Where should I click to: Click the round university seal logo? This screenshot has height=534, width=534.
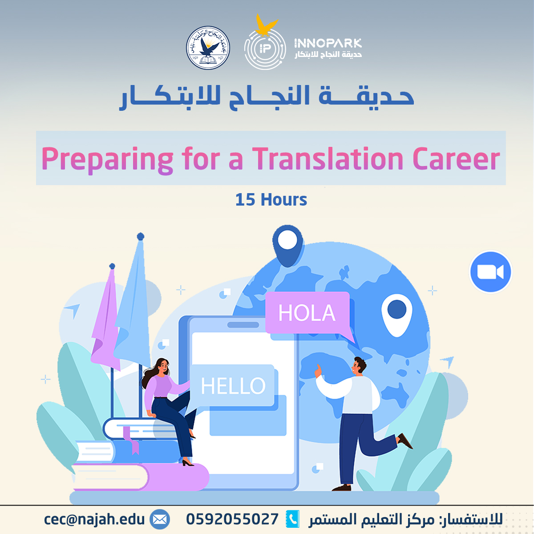(208, 48)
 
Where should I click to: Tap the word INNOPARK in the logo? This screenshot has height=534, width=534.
(328, 43)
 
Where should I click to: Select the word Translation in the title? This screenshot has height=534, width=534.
(328, 159)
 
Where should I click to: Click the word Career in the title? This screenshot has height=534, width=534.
(456, 159)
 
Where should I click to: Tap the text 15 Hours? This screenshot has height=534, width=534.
(271, 200)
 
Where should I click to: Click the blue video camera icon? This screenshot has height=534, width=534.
(490, 272)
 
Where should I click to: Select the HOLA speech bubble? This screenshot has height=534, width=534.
(307, 313)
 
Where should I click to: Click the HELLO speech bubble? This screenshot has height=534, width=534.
(233, 386)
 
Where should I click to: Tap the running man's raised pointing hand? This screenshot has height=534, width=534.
(318, 370)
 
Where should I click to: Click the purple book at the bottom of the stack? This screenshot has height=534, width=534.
(138, 477)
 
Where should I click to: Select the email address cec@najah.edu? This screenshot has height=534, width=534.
(94, 519)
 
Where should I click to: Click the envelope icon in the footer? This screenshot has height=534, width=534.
(160, 519)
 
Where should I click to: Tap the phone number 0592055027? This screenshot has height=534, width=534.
(232, 519)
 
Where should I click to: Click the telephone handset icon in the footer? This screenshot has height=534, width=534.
(292, 519)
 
